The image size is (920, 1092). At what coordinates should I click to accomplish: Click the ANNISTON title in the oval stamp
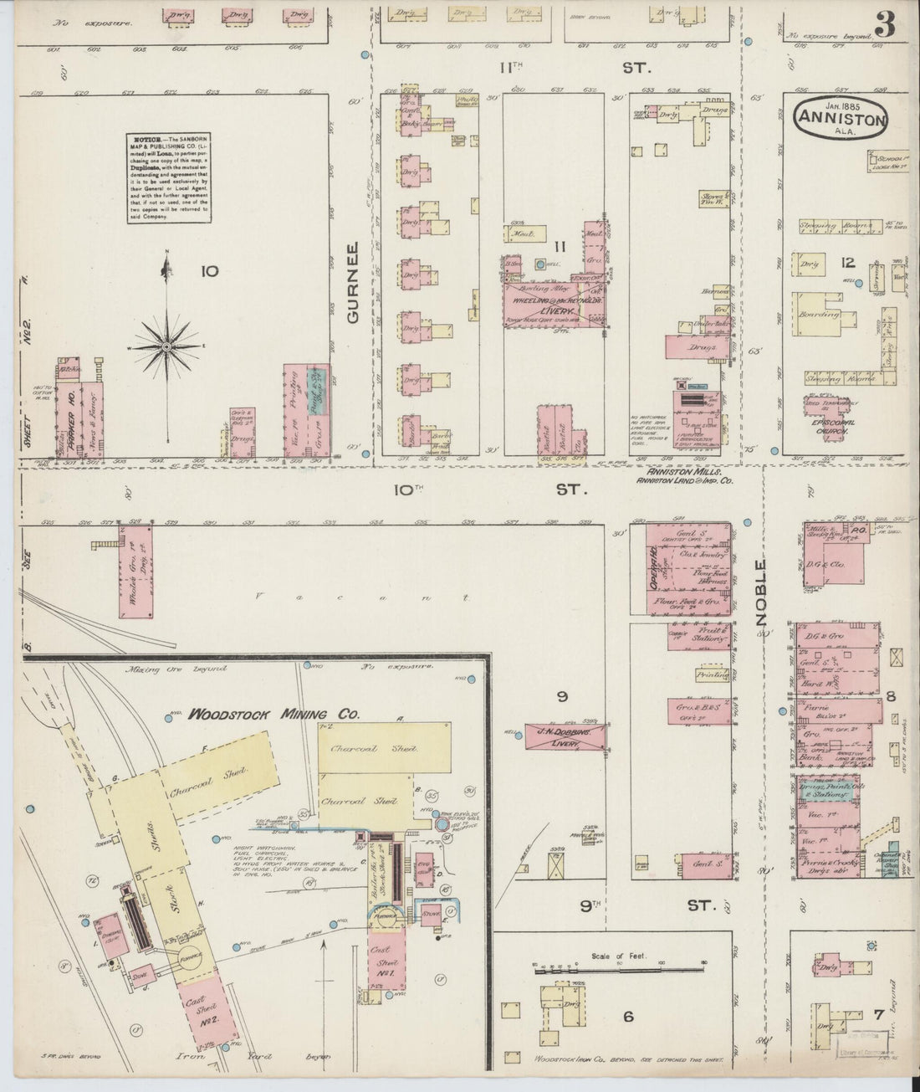pyautogui.click(x=848, y=119)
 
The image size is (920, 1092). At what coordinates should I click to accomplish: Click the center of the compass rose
pyautogui.click(x=167, y=345)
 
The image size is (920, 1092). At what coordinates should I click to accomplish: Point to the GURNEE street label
pyautogui.click(x=353, y=283)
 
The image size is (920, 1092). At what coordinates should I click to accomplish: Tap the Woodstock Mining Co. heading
pyautogui.click(x=273, y=715)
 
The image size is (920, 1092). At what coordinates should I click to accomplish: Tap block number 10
pyautogui.click(x=209, y=270)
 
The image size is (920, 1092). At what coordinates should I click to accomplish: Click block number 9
pyautogui.click(x=562, y=695)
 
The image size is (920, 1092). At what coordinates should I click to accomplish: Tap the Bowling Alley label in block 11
pyautogui.click(x=533, y=285)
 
